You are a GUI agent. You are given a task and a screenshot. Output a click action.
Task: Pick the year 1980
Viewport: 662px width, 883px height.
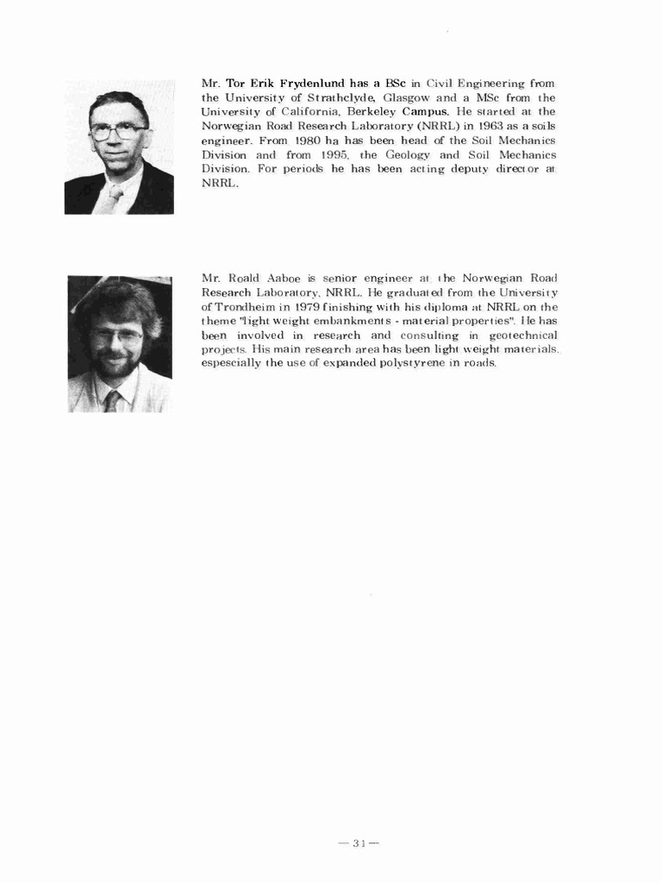point(308,140)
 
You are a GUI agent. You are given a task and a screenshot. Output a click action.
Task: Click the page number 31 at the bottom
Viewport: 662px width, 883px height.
point(359,843)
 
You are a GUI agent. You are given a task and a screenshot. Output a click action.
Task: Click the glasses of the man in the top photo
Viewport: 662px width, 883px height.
point(118,132)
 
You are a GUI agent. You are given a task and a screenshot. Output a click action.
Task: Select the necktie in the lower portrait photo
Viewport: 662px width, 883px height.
point(112,400)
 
